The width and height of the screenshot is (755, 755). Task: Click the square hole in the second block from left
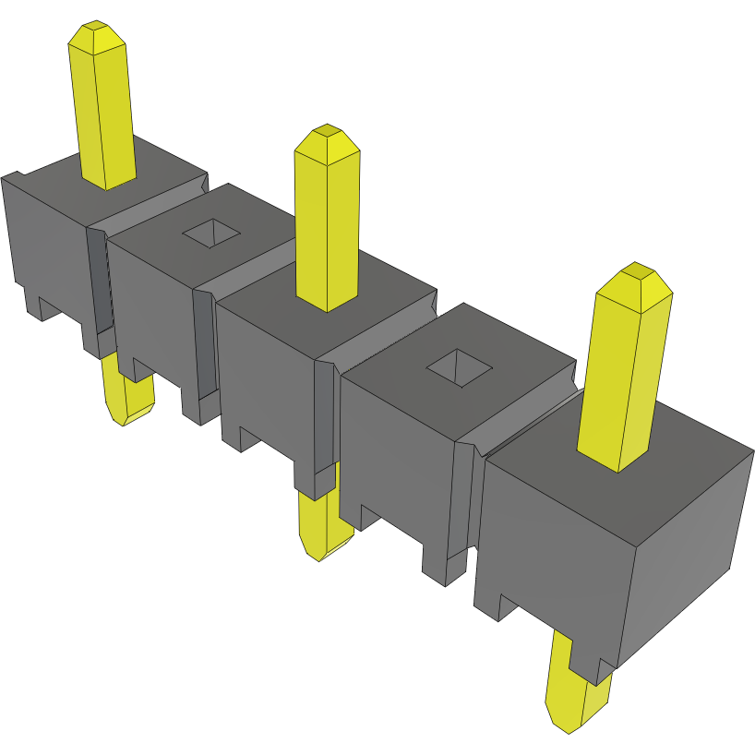coord(211,234)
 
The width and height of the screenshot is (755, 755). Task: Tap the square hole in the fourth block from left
coord(458,367)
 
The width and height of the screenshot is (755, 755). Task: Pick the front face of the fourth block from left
coord(397,452)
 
